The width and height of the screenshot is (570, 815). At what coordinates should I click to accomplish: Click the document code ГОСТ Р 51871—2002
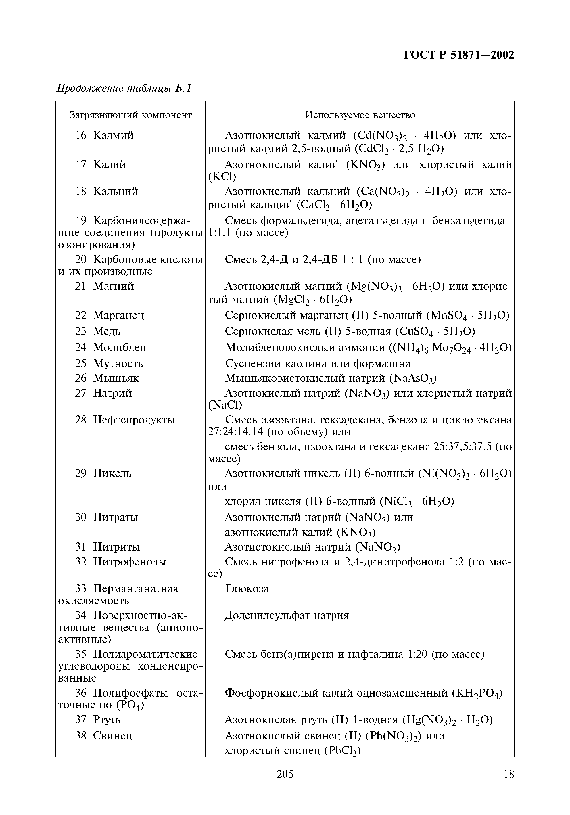(x=459, y=55)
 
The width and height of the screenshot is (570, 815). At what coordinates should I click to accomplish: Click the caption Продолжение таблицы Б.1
(x=124, y=88)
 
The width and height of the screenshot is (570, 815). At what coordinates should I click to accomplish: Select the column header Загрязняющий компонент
(x=130, y=115)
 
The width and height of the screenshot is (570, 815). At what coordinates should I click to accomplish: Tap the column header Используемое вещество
(x=360, y=115)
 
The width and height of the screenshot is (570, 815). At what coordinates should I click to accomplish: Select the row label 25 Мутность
(x=109, y=363)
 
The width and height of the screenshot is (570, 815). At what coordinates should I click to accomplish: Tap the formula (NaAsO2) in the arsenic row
(x=413, y=379)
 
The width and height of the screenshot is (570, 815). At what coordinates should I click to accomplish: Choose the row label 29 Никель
(x=103, y=473)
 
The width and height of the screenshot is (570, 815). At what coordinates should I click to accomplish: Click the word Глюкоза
(x=247, y=589)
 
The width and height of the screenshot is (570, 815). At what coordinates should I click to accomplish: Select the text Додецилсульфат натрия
(x=287, y=615)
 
